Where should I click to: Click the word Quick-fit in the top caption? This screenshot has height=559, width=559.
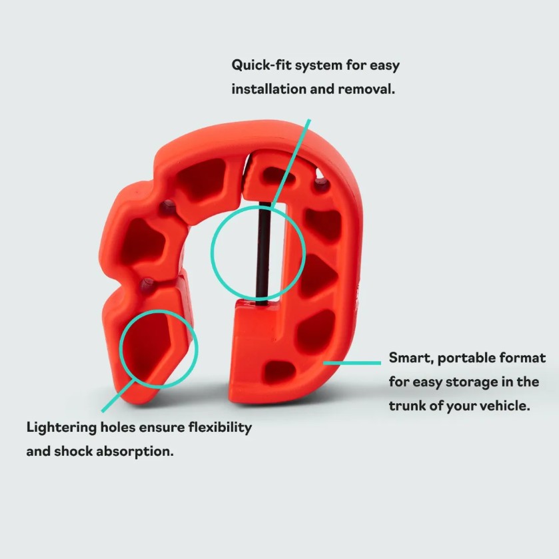point(261,65)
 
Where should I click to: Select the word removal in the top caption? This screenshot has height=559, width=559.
point(366,89)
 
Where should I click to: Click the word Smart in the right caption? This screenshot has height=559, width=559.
point(411,358)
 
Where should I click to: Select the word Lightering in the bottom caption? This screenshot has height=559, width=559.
point(61,428)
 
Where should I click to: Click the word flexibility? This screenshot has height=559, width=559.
point(220,427)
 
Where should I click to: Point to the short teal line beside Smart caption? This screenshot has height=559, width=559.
point(352,363)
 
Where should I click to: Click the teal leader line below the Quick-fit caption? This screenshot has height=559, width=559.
point(290,163)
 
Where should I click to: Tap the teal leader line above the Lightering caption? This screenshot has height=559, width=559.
point(118,395)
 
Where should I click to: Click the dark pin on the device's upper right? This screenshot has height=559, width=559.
point(321,185)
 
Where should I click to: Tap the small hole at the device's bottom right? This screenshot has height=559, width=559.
point(280,370)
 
